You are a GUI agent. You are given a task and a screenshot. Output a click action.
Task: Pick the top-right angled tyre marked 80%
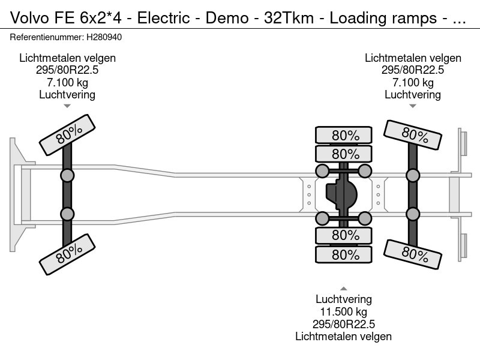pyautogui.click(x=413, y=135)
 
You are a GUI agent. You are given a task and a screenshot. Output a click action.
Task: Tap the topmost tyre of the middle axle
pyautogui.click(x=345, y=135)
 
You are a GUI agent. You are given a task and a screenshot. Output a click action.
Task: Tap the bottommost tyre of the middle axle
pyautogui.click(x=345, y=254)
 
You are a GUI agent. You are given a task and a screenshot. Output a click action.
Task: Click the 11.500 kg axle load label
pyautogui.click(x=343, y=311)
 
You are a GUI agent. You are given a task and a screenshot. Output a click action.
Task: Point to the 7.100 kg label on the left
pyautogui.click(x=67, y=82)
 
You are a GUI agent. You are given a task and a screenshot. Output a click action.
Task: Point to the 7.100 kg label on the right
pyautogui.click(x=413, y=82)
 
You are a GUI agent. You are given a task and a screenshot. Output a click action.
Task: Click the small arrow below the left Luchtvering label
pyautogui.click(x=67, y=106)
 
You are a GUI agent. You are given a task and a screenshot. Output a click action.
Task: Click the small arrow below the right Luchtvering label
pyautogui.click(x=413, y=106)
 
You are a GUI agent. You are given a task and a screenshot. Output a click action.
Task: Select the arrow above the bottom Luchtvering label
pyautogui.click(x=343, y=288)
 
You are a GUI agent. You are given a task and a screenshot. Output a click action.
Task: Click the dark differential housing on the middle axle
pyautogui.click(x=341, y=194)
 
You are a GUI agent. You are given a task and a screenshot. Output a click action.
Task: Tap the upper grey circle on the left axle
pyautogui.click(x=67, y=175)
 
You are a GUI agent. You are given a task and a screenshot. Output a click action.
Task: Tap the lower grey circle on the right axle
pyautogui.click(x=413, y=214)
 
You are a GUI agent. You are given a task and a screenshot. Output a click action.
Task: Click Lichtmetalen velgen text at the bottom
pyautogui.click(x=343, y=337)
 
